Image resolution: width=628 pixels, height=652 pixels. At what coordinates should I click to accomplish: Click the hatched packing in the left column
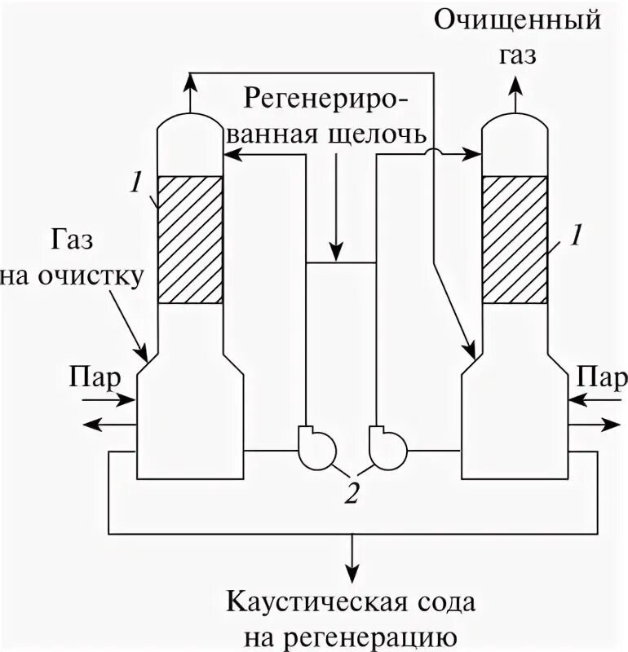pyautogui.click(x=189, y=239)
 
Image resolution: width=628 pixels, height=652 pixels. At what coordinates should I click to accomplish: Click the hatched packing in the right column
pyautogui.click(x=514, y=239)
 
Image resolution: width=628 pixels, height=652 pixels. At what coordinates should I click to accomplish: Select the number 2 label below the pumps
pyautogui.click(x=351, y=493)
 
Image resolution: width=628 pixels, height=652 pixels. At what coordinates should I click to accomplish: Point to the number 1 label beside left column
pyautogui.click(x=136, y=184)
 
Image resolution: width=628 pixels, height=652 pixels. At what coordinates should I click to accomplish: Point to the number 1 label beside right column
pyautogui.click(x=575, y=236)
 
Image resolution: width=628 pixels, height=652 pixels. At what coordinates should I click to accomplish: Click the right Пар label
pyautogui.click(x=602, y=377)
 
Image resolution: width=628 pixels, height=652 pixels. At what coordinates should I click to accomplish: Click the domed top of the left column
pyautogui.click(x=189, y=125)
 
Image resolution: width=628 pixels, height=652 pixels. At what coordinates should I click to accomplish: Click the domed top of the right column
pyautogui.click(x=514, y=125)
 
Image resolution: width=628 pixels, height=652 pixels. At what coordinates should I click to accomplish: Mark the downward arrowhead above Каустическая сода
pyautogui.click(x=352, y=573)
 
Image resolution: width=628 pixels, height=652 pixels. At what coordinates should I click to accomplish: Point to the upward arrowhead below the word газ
pyautogui.click(x=515, y=81)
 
